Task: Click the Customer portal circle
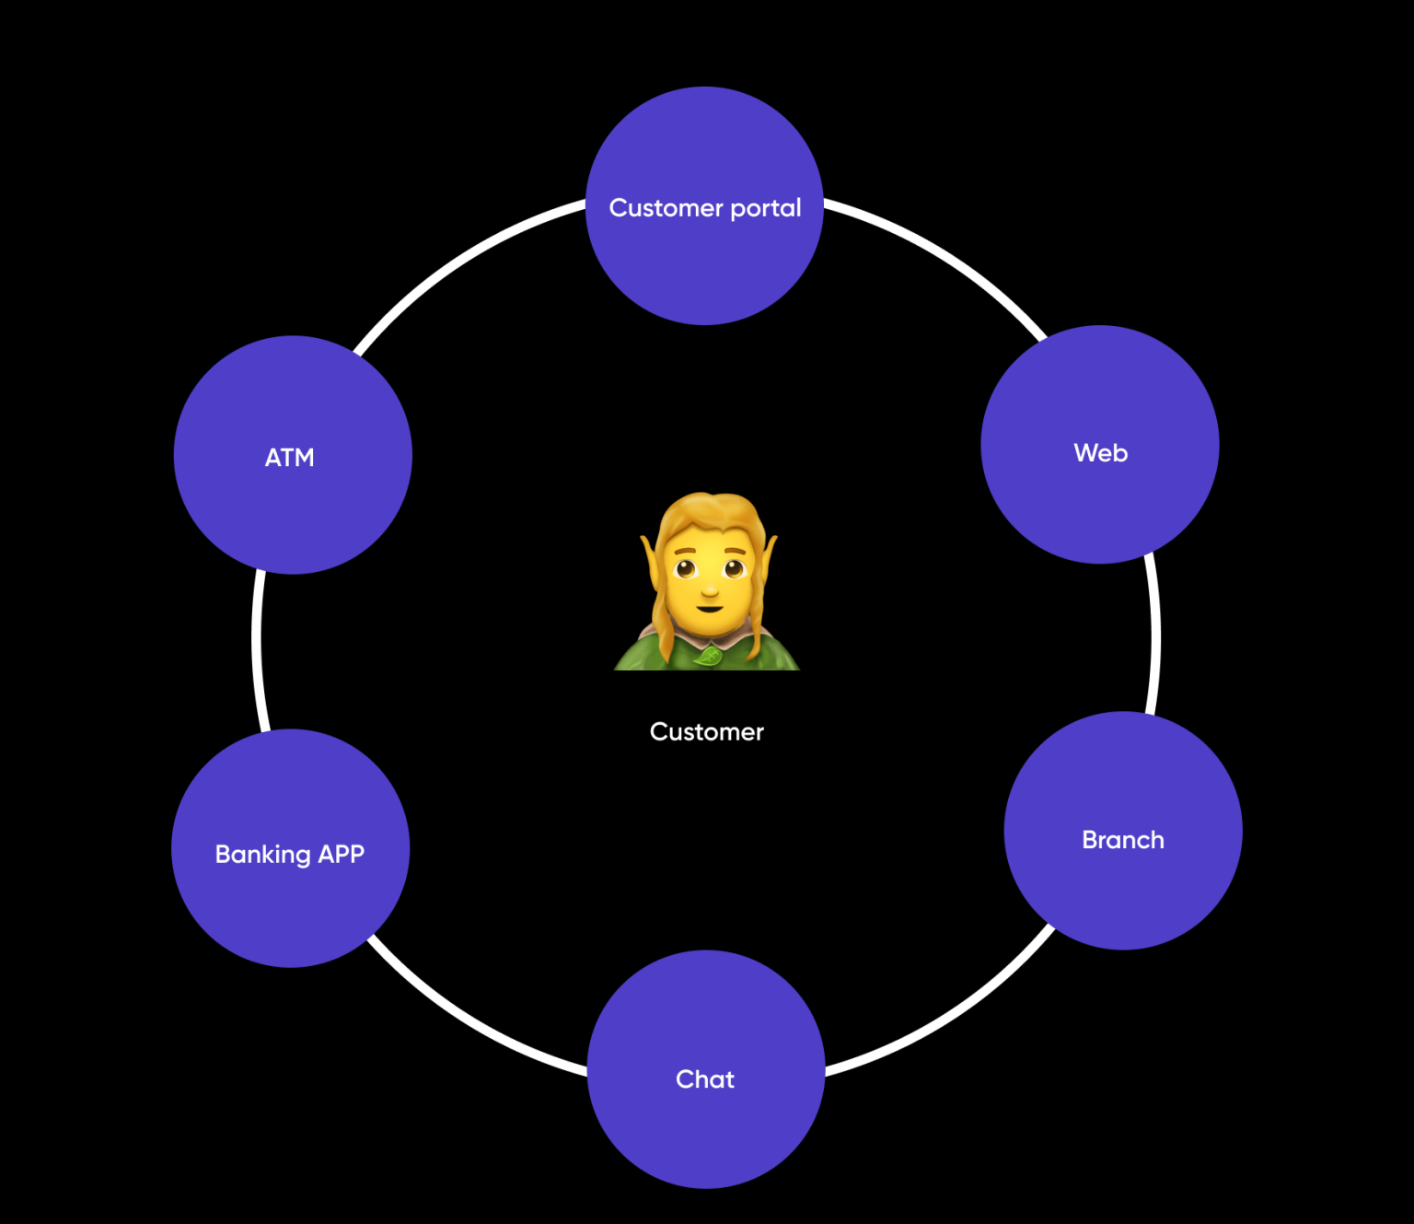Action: coord(704,249)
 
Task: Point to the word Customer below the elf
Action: coord(706,732)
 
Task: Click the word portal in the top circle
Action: coord(765,209)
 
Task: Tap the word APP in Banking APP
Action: coord(341,855)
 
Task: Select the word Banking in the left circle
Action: coord(262,855)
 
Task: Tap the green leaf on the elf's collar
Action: coord(708,656)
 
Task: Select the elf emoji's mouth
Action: coord(709,608)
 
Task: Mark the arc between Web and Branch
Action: coord(1154,635)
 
